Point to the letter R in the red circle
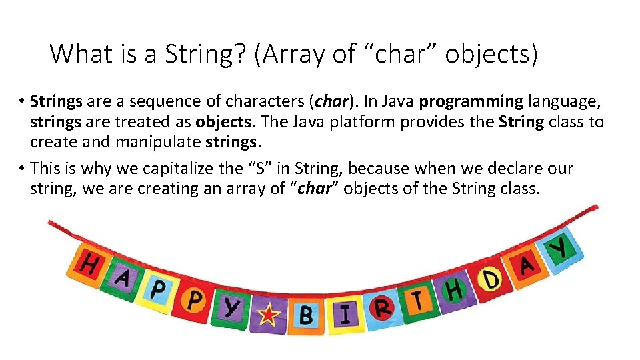pyautogui.click(x=383, y=309)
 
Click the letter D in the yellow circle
pyautogui.click(x=491, y=279)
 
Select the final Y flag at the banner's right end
pyautogui.click(x=560, y=248)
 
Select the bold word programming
pyautogui.click(x=471, y=102)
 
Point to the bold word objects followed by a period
pyautogui.click(x=224, y=122)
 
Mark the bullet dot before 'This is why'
pyautogui.click(x=21, y=168)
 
